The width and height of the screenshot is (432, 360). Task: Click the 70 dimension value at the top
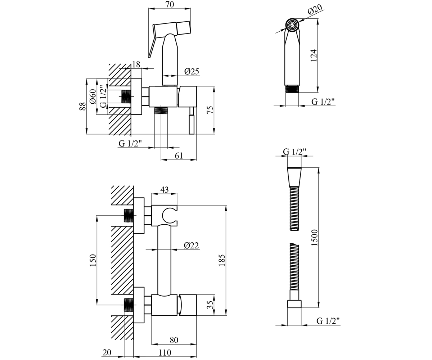[x=170, y=4]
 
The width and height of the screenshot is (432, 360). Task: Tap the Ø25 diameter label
[x=192, y=72]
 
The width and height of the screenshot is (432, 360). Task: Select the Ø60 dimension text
[x=93, y=96]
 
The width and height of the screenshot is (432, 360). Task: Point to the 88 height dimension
[x=82, y=106]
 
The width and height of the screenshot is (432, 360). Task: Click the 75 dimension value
[x=210, y=109]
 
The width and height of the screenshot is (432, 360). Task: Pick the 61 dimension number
[x=179, y=156]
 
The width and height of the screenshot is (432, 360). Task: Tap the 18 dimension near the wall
[x=136, y=64]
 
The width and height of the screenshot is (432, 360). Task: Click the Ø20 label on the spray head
[x=315, y=9]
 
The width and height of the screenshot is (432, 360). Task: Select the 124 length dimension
[x=314, y=55]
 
